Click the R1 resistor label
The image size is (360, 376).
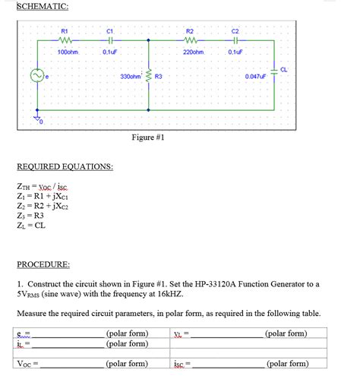pos(65,31)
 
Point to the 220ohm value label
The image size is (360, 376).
pos(194,52)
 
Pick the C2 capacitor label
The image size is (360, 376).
pos(235,31)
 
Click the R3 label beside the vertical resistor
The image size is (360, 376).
pos(159,77)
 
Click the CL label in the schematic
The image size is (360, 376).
pos(283,69)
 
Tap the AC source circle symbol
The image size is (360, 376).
pos(35,76)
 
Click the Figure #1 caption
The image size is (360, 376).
pos(148,137)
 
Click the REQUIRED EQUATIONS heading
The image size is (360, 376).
pos(65,166)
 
